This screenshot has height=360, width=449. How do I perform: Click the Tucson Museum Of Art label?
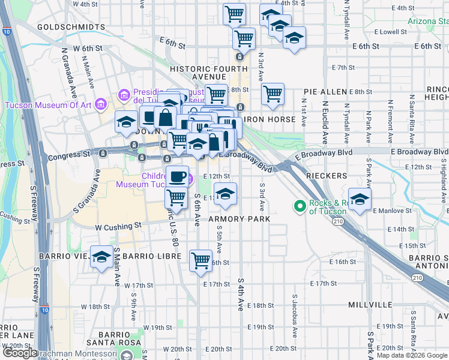tap(48, 105)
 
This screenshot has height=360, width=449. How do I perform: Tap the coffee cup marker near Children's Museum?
tap(177, 176)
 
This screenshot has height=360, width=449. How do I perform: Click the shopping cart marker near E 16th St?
tap(200, 260)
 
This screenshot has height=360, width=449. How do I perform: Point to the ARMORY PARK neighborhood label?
tap(240, 219)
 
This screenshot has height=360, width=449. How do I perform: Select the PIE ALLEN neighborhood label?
tap(325, 92)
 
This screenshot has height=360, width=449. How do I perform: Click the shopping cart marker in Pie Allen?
tap(273, 93)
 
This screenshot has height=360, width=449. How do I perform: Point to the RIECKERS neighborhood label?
tap(327, 176)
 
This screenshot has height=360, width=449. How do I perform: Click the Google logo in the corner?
tap(20, 353)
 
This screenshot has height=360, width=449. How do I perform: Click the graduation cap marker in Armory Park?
tap(225, 193)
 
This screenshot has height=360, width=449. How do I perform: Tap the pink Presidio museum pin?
tap(124, 94)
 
